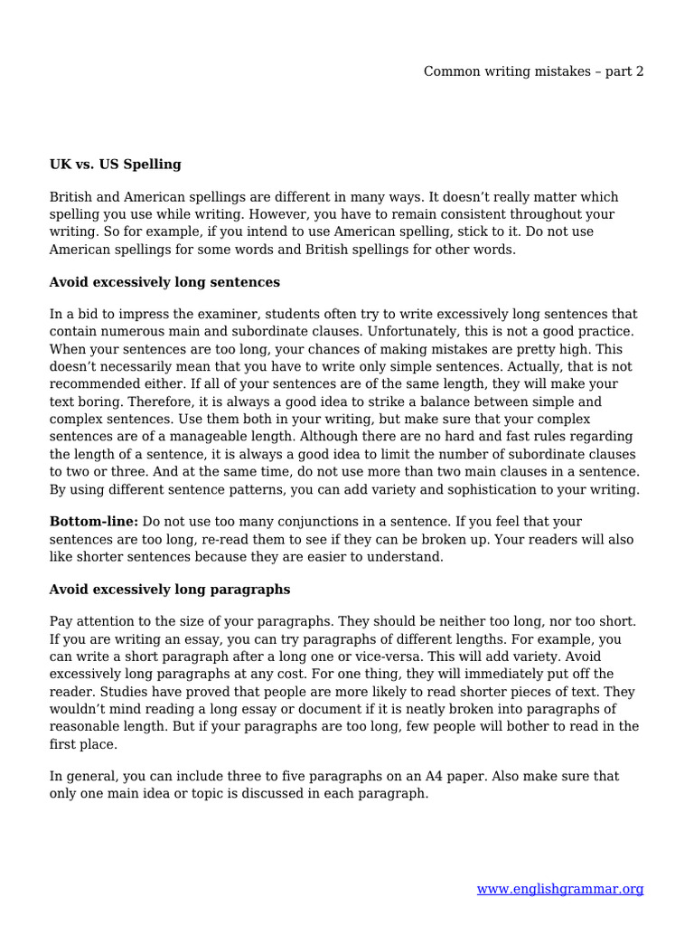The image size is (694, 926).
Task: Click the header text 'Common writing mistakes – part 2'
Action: pos(533,71)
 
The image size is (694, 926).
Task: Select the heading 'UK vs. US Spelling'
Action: pos(115,165)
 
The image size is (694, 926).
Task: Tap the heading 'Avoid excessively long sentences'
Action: pos(164,282)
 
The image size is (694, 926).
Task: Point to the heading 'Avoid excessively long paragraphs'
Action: pos(170,590)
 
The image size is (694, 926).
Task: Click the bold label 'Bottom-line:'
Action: pos(94,523)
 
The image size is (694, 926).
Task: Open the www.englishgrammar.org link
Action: pos(559,890)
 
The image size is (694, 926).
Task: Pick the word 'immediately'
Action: pos(496,675)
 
